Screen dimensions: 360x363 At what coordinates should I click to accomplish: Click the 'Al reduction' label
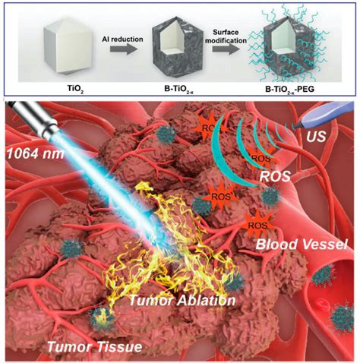pos(122,39)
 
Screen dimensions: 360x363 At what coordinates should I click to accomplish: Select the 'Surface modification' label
pos(226,36)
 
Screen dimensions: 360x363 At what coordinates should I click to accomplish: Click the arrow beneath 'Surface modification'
pos(226,49)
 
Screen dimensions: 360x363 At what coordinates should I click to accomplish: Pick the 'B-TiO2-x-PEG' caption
pos(289,90)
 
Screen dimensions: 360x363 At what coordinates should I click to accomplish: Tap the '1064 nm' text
pos(35,153)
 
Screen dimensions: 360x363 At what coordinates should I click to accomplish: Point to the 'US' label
pos(316,137)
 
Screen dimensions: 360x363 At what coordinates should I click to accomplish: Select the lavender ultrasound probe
pos(324,115)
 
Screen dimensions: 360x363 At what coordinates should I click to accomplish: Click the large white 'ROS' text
pos(275,176)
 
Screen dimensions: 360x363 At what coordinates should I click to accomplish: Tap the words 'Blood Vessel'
pos(301,245)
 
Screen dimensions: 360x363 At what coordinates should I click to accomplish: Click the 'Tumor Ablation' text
pos(182,300)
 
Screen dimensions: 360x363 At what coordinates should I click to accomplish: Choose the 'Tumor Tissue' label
pos(94,346)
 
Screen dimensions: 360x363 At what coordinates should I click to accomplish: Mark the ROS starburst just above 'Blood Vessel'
pos(257,223)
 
